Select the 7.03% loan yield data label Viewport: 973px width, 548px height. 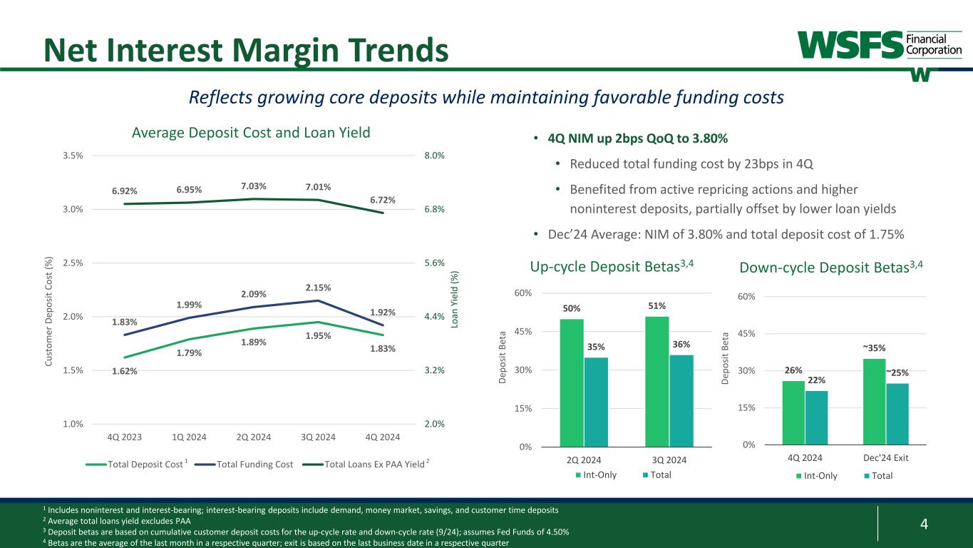coord(254,187)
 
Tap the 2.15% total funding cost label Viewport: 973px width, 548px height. coord(318,288)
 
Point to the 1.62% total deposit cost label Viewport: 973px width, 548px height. coord(124,371)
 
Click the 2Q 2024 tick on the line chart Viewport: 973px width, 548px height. coord(254,437)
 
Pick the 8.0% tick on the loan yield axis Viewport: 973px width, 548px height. coord(435,156)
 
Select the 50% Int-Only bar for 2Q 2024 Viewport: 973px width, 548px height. coord(572,382)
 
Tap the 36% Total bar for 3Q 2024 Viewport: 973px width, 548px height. coord(681,400)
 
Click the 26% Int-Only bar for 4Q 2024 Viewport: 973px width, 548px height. coord(793,412)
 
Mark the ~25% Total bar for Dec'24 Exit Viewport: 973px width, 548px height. coord(897,414)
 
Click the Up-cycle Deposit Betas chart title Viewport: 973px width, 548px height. coord(612,267)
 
